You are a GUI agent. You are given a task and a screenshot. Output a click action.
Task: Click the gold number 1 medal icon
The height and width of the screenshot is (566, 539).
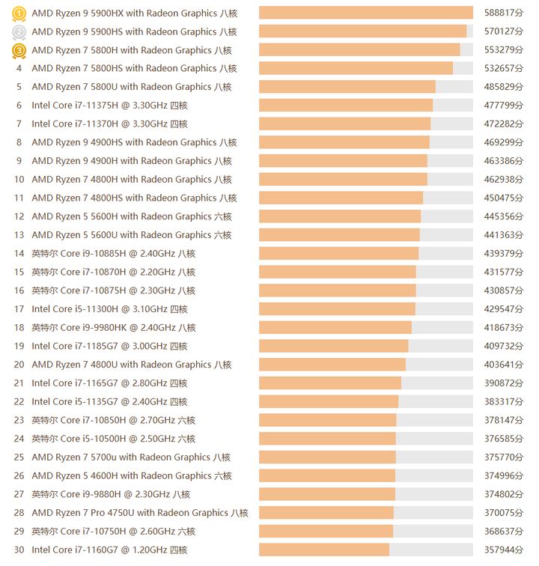19,13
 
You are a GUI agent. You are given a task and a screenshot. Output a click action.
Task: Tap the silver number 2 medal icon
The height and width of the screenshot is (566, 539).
19,31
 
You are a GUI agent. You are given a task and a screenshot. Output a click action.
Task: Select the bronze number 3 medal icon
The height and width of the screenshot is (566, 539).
19,50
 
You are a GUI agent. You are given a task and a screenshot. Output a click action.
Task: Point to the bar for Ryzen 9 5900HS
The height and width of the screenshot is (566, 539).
362,31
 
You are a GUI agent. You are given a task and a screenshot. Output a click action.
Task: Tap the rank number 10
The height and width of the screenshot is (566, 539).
19,180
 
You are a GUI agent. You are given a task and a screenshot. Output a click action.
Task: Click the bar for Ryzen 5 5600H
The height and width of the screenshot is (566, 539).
340,216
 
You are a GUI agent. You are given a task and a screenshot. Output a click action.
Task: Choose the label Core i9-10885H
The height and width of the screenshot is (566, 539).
113,254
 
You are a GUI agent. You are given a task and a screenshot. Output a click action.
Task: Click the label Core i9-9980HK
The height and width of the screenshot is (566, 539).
113,328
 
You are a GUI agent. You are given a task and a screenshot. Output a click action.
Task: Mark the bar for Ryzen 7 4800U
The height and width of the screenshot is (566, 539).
332,365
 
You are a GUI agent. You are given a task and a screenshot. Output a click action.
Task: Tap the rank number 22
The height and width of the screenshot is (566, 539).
19,402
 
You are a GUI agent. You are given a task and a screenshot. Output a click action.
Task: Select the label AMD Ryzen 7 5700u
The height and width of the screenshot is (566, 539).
131,457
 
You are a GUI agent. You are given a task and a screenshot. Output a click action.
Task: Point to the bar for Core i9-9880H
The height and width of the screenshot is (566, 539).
327,494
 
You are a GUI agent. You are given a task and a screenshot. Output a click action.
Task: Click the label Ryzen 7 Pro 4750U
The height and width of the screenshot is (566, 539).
140,513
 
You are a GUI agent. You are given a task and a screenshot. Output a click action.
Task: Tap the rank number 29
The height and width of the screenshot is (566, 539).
19,532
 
